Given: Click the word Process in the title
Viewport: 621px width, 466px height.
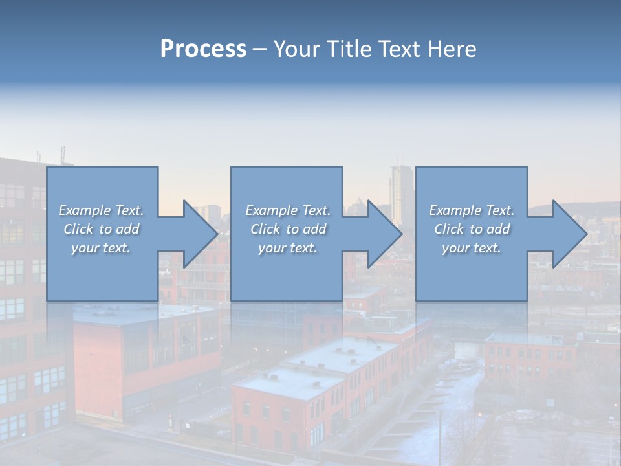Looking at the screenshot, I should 203,49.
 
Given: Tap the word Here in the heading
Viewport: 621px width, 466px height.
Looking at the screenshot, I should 452,49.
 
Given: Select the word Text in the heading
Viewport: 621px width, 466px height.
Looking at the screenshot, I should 400,49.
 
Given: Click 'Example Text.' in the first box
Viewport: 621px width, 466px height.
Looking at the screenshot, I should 101,210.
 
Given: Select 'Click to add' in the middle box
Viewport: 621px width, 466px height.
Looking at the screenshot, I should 288,229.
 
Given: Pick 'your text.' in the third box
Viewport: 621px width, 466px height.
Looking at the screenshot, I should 472,248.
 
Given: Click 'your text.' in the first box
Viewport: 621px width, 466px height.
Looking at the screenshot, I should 101,248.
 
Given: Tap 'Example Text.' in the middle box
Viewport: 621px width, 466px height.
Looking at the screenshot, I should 288,210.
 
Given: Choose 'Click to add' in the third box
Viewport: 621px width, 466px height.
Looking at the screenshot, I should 472,229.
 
